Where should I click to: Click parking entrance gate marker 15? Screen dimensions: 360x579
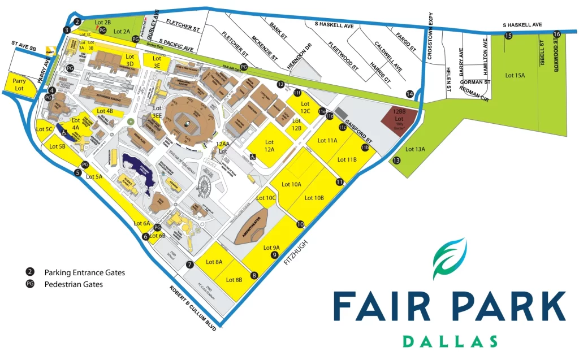tap(508, 36)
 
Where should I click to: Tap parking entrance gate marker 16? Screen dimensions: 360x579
tap(557, 34)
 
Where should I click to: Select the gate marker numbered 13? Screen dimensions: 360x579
tap(396, 161)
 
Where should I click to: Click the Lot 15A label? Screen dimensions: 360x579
tap(515, 75)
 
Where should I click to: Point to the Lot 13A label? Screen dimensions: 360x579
tap(416, 149)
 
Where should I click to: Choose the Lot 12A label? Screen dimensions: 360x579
tap(270, 145)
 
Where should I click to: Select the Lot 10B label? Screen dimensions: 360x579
tap(314, 198)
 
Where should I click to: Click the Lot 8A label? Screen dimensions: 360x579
tap(214, 262)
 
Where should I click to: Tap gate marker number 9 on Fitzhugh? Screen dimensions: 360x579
tap(275, 255)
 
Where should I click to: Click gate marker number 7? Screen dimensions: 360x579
tap(190, 264)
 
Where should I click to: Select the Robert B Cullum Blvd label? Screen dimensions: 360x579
tap(193, 306)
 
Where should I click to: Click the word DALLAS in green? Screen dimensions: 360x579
tap(450, 341)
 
